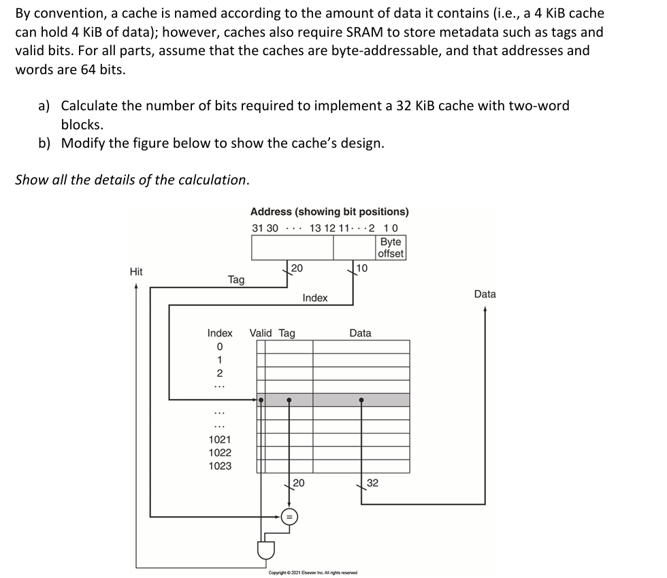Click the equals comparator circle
point(289,517)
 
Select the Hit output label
point(136,272)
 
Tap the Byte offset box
point(391,248)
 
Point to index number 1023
point(220,466)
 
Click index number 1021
point(220,440)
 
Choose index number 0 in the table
point(219,347)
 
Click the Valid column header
point(261,333)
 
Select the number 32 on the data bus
point(372,483)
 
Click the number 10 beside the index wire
point(362,268)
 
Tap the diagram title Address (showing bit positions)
point(329,212)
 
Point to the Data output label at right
point(485,294)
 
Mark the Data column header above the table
point(360,333)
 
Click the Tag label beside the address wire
point(236,279)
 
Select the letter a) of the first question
point(44,106)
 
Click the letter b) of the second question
point(45,143)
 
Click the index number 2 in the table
point(219,372)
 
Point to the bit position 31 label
point(257,227)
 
